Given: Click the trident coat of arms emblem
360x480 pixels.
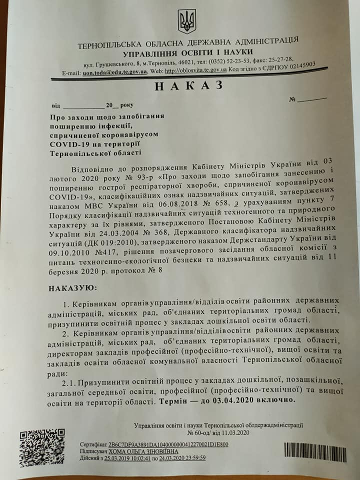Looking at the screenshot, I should (187, 21).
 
